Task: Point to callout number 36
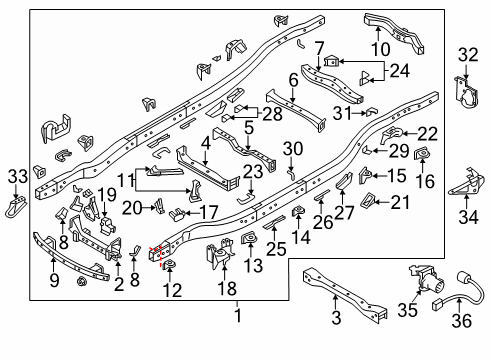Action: [460, 319]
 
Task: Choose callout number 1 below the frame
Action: [237, 315]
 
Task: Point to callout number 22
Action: [427, 134]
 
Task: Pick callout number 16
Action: [424, 181]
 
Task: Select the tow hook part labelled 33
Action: [18, 207]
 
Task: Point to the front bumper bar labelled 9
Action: [70, 255]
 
